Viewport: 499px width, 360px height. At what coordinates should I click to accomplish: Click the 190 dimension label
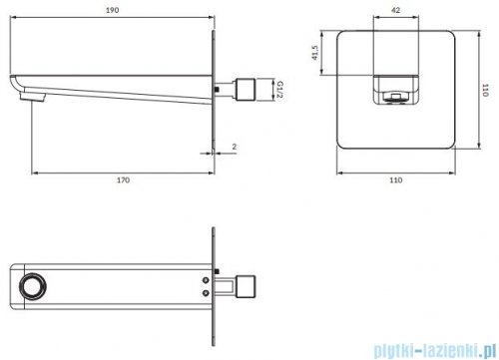pos(112,10)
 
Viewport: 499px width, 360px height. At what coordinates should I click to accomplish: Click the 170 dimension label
pos(123,180)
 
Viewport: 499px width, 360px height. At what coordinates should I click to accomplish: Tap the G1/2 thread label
pos(279,89)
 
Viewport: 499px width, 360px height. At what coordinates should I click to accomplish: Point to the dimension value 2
pos(235,147)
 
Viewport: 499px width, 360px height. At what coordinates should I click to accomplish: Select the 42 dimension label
pos(395,10)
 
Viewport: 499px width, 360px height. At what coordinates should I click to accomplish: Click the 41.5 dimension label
pos(314,53)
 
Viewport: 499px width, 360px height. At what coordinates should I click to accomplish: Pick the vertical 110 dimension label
pos(486,90)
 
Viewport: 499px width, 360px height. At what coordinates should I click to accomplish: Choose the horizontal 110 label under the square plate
pos(396,180)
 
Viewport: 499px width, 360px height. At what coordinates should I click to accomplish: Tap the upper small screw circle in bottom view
pos(206,280)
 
